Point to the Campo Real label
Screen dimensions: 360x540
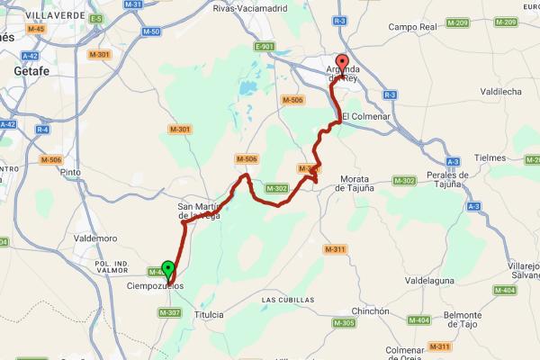pos(412,27)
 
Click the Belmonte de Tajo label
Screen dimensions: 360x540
pos(470,321)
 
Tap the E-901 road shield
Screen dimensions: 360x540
pos(264,47)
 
